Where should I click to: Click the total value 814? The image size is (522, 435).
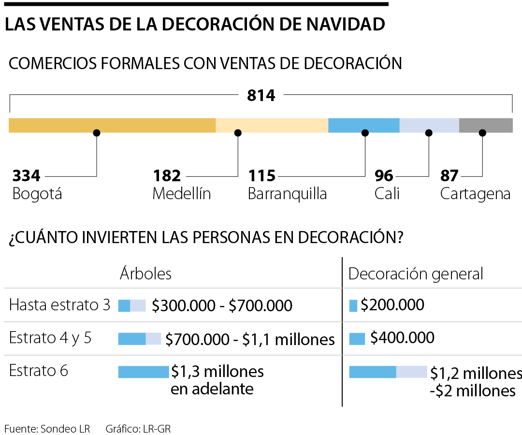coord(261,96)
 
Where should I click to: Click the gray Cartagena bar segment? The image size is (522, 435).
coord(486,125)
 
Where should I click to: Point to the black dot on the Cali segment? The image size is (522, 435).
coord(429,133)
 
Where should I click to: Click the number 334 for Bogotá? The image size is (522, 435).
coord(27,175)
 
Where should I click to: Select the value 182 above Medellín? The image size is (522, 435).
coord(167,175)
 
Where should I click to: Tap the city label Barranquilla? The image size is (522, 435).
coord(287,194)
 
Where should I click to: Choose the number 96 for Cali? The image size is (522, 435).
coord(384,175)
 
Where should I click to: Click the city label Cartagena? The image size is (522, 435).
coord(475,194)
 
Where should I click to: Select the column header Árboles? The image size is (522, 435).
coord(145,274)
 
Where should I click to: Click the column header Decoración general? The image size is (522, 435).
coord(416,274)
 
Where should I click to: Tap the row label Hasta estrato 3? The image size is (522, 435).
coord(59,305)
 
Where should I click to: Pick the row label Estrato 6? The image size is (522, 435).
coord(39,371)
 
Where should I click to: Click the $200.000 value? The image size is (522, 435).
coord(392,305)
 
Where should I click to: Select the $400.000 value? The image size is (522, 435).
coord(402,337)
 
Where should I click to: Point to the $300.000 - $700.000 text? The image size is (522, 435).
coord(222,305)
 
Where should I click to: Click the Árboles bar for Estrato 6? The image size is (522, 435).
coord(144,372)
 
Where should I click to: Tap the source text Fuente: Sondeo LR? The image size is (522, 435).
coord(47,428)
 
